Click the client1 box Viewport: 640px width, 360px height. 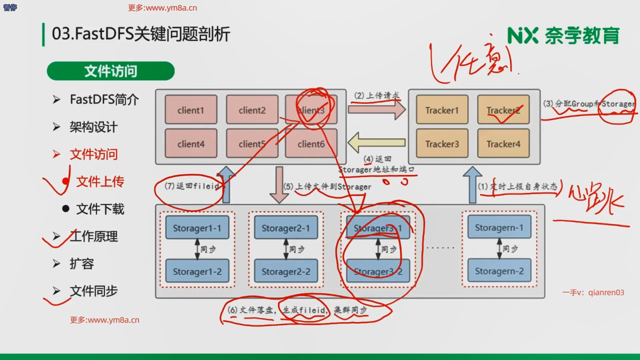(x=191, y=110)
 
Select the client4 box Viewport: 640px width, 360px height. (x=191, y=144)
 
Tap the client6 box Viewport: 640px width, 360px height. (x=311, y=144)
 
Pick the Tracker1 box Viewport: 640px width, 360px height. (x=442, y=110)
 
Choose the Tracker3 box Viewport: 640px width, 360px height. (x=442, y=144)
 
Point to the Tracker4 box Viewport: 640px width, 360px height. (x=503, y=144)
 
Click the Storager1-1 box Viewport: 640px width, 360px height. (x=197, y=228)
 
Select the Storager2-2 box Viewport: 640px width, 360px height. (x=286, y=271)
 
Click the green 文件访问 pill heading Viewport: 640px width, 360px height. (x=111, y=71)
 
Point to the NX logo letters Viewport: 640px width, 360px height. (x=522, y=36)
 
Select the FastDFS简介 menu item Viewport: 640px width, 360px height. (x=104, y=99)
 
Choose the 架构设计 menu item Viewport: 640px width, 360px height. (x=93, y=127)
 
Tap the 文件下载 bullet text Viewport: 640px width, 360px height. (x=100, y=209)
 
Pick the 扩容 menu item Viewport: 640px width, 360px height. (x=82, y=264)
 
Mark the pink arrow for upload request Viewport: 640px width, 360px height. (x=377, y=109)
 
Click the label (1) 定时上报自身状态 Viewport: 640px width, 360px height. (x=517, y=186)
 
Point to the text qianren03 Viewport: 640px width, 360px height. (x=606, y=292)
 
